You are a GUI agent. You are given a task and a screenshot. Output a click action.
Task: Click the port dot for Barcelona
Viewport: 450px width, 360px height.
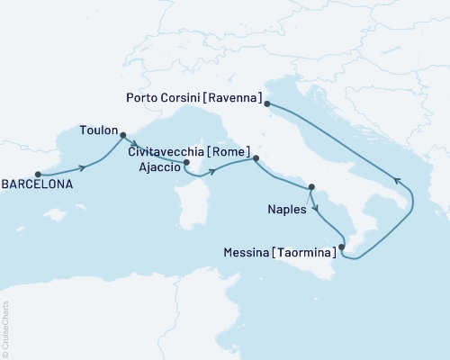click(38, 175)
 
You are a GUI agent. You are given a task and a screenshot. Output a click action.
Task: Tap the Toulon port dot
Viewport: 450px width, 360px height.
click(122, 136)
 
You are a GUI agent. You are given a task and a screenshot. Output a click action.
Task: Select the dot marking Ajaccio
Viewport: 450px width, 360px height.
click(185, 163)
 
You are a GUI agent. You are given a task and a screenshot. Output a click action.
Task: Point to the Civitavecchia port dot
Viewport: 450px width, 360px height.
click(256, 158)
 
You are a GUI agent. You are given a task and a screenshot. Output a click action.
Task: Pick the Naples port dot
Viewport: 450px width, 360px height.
click(311, 187)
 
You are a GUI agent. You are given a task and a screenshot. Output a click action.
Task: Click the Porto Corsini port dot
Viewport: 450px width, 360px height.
click(267, 104)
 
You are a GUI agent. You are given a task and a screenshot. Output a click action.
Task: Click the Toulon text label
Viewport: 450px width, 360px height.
click(98, 128)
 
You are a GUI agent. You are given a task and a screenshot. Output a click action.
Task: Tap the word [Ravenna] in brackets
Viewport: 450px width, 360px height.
click(235, 97)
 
